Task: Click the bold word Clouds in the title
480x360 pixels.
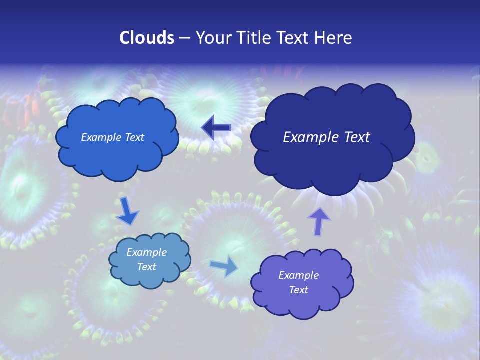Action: pos(147,38)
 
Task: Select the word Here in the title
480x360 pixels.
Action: pos(334,38)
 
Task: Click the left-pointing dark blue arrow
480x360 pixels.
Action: pos(216,128)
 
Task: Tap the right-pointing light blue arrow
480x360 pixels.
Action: pos(224,266)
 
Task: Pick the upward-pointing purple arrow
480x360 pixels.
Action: pos(319,221)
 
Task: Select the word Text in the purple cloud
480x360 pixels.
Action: pos(298,290)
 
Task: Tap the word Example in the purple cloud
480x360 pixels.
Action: pos(298,275)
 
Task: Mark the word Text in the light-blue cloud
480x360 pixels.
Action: pos(146,267)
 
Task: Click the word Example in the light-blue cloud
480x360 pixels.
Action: pos(146,252)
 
